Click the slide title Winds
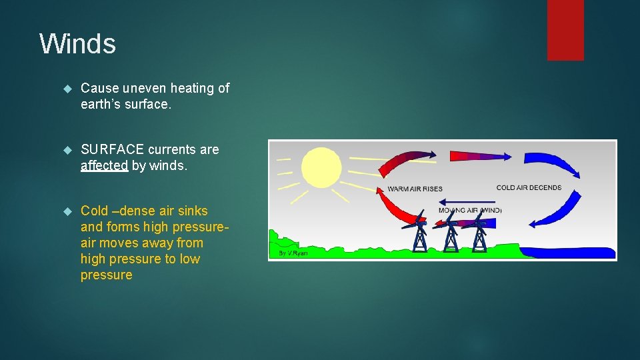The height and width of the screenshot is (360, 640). pyautogui.click(x=77, y=44)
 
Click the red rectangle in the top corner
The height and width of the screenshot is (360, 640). pyautogui.click(x=565, y=30)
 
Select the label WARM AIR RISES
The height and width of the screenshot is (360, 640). pyautogui.click(x=415, y=189)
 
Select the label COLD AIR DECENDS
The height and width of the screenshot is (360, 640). pyautogui.click(x=529, y=188)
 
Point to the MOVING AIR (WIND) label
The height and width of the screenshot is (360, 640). pyautogui.click(x=469, y=211)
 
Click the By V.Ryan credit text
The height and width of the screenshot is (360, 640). pyautogui.click(x=293, y=253)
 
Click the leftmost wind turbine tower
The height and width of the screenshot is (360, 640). pyautogui.click(x=420, y=237)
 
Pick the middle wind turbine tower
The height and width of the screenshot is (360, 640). pyautogui.click(x=451, y=237)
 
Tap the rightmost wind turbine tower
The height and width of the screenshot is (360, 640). pyautogui.click(x=479, y=237)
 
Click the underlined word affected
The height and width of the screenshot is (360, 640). pyautogui.click(x=104, y=166)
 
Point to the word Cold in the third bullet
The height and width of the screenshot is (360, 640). pyautogui.click(x=94, y=211)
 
